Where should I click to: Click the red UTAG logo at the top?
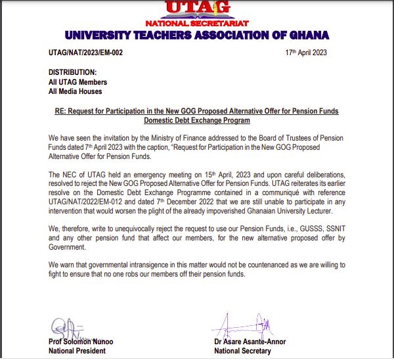(x=197, y=8)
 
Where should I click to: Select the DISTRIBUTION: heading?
(x=73, y=72)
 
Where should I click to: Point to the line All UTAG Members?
(x=78, y=82)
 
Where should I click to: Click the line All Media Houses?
(x=76, y=92)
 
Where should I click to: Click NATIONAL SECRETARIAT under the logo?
(x=196, y=22)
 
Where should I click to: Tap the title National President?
(x=77, y=351)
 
